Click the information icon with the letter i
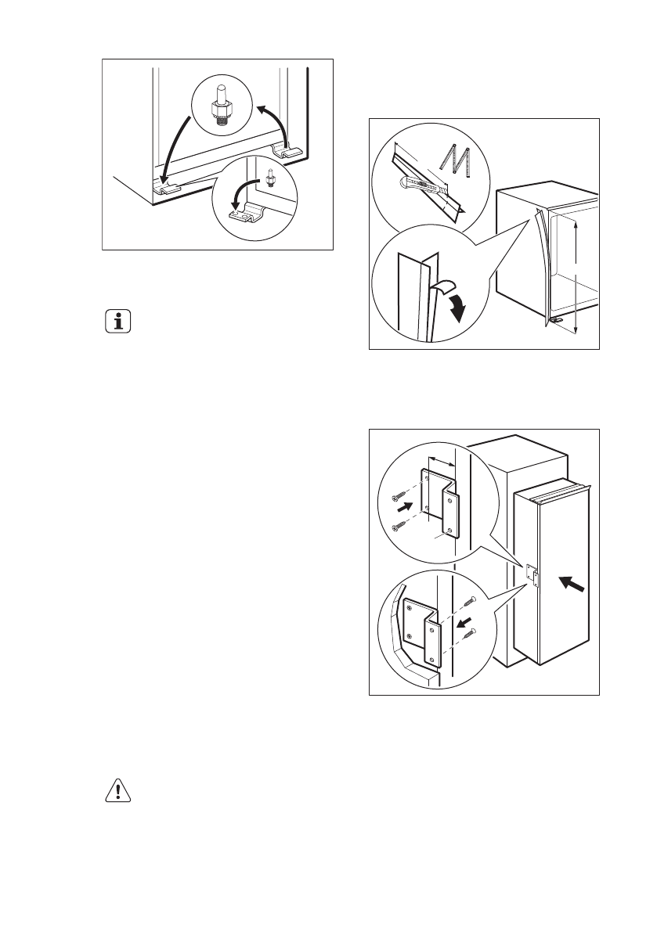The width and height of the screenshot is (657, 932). point(118,322)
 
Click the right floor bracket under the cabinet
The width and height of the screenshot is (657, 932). point(284,150)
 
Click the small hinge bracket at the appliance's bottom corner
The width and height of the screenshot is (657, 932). point(557,321)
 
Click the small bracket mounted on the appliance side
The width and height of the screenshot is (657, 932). point(533,578)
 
